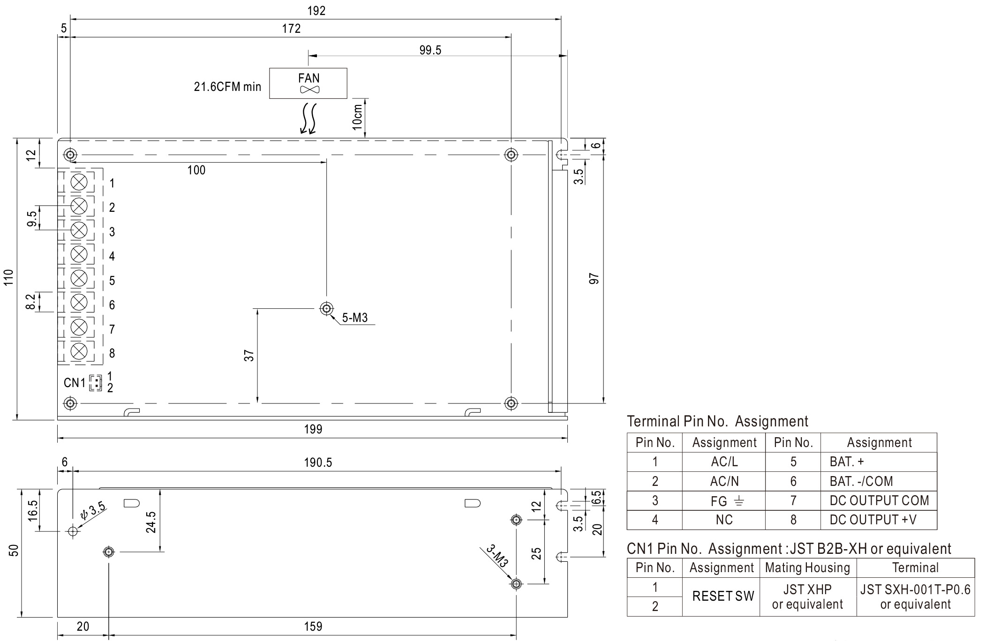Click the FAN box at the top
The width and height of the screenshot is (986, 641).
308,83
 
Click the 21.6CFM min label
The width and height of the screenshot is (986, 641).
227,87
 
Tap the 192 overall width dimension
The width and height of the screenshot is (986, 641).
316,11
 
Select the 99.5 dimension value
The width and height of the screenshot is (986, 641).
430,50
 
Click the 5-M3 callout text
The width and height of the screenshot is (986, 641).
354,318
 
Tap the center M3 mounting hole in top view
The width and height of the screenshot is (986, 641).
326,308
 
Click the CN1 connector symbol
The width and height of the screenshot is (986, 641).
95,383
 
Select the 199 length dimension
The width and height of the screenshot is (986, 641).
313,429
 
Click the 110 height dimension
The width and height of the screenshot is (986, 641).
9,279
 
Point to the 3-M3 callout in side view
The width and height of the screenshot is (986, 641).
497,556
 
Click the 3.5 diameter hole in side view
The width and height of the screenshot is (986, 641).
73,531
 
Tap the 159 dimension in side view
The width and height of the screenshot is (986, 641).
313,626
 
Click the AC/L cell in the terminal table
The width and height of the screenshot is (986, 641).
724,462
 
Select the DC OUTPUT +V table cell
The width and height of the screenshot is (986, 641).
873,520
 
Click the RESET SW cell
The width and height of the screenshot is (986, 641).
723,596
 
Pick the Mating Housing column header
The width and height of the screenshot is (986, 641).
807,568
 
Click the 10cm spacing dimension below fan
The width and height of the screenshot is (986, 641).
357,117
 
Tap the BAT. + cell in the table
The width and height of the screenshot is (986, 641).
847,462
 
